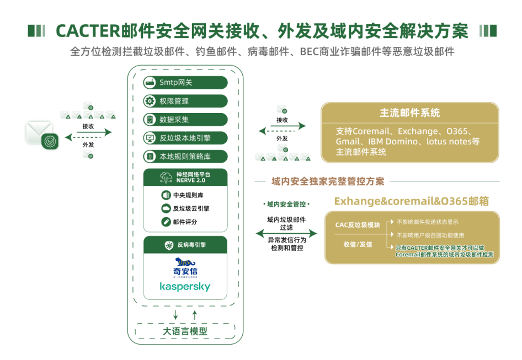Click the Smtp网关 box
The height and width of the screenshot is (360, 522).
click(185, 83)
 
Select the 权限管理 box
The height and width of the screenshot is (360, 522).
click(185, 101)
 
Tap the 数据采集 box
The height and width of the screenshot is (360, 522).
click(185, 120)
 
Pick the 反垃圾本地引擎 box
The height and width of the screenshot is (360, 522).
click(185, 138)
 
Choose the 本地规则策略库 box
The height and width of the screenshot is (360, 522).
click(185, 157)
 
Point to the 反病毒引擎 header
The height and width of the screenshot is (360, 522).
click(185, 245)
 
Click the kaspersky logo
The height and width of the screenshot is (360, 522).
click(185, 287)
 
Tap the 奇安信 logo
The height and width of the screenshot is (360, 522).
click(185, 267)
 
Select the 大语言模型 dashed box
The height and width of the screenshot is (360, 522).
click(185, 331)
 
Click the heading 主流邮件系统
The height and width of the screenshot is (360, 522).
click(409, 113)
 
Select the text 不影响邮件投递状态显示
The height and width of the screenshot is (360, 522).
click(427, 222)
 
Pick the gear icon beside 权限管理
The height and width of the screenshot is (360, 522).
click(150, 101)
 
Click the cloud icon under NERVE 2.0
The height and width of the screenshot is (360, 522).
click(166, 208)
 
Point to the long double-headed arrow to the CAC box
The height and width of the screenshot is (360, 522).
click(286, 234)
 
